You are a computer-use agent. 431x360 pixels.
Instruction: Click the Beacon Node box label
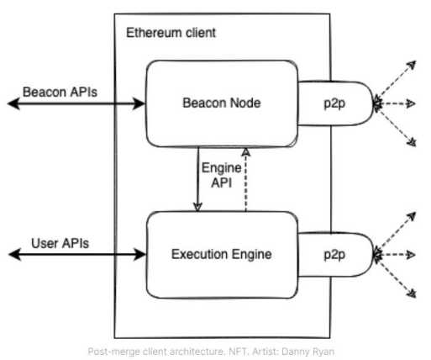click(x=222, y=103)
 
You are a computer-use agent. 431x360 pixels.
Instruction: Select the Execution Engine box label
click(x=222, y=254)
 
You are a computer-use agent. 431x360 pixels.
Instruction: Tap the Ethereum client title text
click(x=171, y=33)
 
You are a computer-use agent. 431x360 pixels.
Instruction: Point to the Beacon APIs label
click(x=60, y=92)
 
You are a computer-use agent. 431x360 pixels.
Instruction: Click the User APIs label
click(x=60, y=243)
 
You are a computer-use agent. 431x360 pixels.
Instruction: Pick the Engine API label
click(x=222, y=175)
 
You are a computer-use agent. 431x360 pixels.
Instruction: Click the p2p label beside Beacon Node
click(x=334, y=103)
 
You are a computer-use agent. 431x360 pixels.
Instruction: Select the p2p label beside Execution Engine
click(x=334, y=255)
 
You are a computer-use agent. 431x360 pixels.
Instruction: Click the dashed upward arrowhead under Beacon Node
click(x=246, y=152)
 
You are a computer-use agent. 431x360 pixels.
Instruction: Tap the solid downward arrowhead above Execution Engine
click(x=197, y=207)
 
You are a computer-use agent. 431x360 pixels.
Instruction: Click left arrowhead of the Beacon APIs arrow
click(x=14, y=103)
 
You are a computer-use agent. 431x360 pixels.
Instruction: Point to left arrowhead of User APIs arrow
click(x=15, y=254)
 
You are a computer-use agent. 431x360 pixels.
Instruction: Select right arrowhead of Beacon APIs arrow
click(x=139, y=103)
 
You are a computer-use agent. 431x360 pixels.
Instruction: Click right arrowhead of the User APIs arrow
click(x=139, y=254)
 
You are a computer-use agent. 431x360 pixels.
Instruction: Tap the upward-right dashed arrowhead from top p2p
click(x=412, y=65)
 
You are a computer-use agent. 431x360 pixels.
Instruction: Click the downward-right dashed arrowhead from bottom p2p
click(x=412, y=294)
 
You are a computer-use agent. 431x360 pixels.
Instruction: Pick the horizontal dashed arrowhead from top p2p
click(x=411, y=103)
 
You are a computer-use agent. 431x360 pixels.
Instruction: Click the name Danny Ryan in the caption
click(x=307, y=352)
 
